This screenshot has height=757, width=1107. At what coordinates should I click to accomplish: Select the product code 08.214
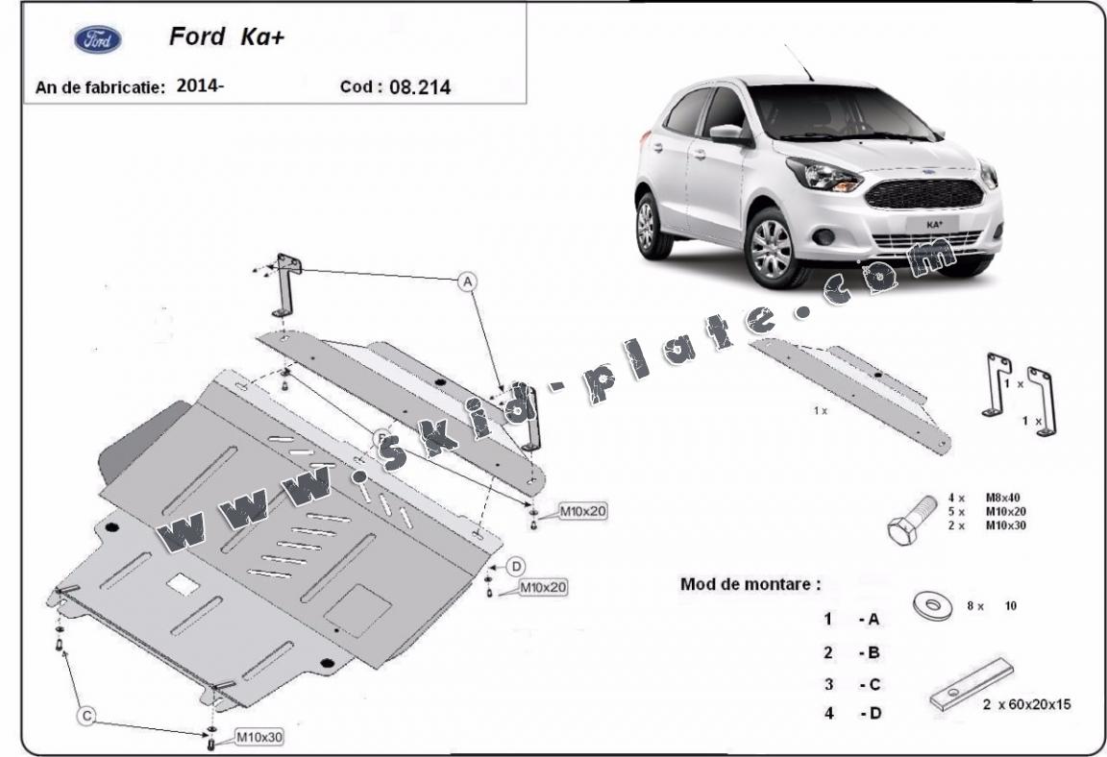pos(420,87)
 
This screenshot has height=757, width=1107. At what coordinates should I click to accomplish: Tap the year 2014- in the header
pos(200,86)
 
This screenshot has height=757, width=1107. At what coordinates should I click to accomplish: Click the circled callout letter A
pos(467,282)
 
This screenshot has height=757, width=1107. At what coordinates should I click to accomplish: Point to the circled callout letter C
pos(86,715)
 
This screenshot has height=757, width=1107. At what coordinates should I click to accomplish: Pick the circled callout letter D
pos(516,566)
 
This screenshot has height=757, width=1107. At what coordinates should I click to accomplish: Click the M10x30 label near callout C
pos(258,737)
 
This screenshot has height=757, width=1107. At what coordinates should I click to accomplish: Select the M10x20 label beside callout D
pos(543,585)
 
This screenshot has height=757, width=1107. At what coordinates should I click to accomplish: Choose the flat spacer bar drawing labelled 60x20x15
pos(972,685)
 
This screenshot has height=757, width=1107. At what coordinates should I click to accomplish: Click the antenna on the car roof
pos(799,62)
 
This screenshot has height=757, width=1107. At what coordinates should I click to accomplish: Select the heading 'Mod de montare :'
pos(750,583)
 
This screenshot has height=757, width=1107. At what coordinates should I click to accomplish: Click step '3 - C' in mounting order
pos(851,684)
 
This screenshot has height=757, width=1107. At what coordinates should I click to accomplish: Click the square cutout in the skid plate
pos(182,583)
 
